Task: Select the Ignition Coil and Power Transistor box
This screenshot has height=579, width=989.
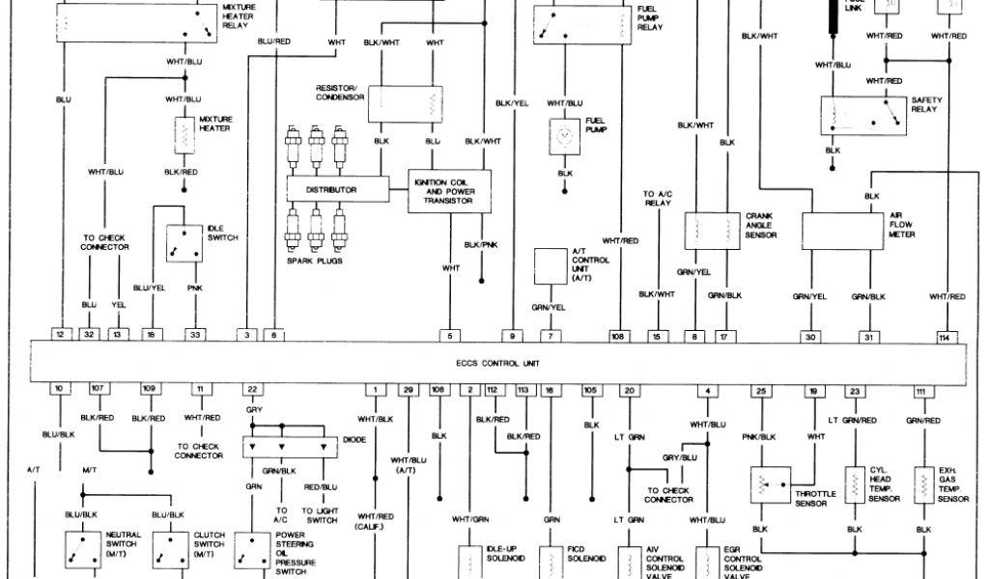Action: coord(449,191)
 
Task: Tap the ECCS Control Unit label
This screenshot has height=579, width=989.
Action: coord(498,363)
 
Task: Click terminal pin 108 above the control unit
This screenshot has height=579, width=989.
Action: coord(618,336)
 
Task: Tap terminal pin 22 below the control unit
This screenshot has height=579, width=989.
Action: coord(252,389)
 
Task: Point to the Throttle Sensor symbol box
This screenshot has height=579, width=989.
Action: coord(771,483)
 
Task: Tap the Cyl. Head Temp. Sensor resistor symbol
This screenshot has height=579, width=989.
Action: coord(855,482)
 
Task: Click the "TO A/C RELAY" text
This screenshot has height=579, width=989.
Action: coord(657,200)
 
